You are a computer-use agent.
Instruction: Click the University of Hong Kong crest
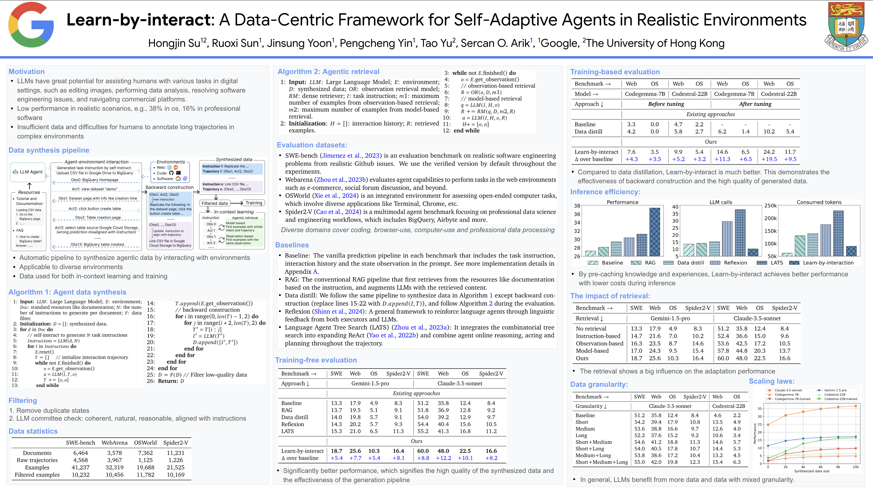coord(846,27)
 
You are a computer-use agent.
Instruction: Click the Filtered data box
coord(214,203)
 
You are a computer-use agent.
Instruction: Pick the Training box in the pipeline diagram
coord(254,203)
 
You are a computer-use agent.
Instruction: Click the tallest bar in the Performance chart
coord(654,232)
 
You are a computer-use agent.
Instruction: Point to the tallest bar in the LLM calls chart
coord(740,233)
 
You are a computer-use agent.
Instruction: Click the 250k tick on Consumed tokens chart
coord(770,206)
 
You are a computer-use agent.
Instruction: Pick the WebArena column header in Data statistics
coord(115,443)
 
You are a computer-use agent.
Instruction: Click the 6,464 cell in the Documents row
coord(80,453)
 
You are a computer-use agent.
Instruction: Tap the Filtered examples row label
coord(37,475)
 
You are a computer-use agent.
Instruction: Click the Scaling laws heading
coord(771,381)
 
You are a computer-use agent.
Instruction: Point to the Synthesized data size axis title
coord(812,471)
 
